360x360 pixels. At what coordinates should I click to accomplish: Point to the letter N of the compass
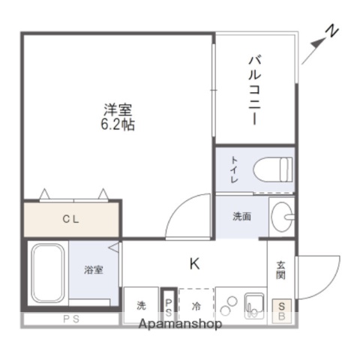pyautogui.click(x=333, y=31)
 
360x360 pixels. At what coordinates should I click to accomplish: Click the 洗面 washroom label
pyautogui.click(x=241, y=217)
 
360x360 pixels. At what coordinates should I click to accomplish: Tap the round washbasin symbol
pyautogui.click(x=283, y=218)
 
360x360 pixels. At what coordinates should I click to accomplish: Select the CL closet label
pyautogui.click(x=71, y=220)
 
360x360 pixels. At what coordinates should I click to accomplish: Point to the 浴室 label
pyautogui.click(x=94, y=270)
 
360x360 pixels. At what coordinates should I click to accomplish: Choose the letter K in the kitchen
pyautogui.click(x=194, y=263)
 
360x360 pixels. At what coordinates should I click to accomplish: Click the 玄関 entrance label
pyautogui.click(x=281, y=270)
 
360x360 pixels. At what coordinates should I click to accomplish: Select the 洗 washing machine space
pyautogui.click(x=141, y=306)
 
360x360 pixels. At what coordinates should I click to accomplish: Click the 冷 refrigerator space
pyautogui.click(x=196, y=306)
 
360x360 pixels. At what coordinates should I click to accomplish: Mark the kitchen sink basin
pyautogui.click(x=253, y=306)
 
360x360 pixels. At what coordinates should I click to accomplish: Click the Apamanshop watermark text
pyautogui.click(x=180, y=324)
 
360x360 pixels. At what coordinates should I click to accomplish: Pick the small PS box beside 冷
pyautogui.click(x=169, y=306)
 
